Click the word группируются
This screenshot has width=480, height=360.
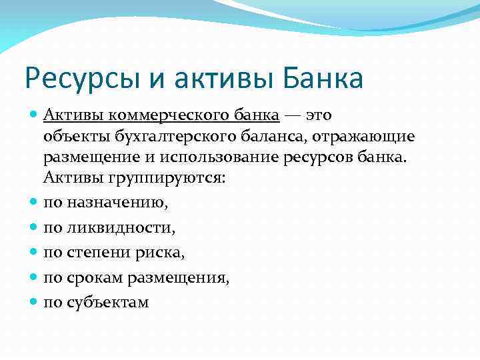[x=145, y=179]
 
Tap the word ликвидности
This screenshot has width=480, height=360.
[x=119, y=228]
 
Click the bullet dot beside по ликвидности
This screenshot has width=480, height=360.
[x=34, y=227]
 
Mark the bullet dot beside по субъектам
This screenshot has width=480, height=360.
[x=34, y=301]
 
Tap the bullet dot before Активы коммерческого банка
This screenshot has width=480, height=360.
[x=34, y=114]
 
